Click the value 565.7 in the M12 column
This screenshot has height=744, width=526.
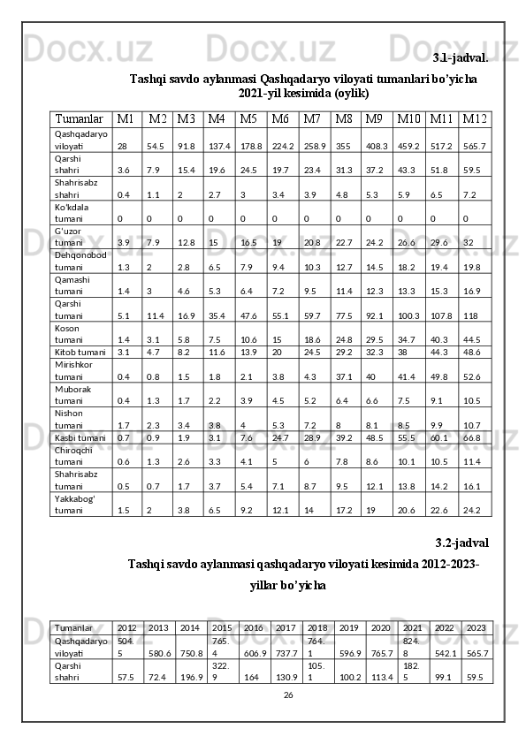(475, 146)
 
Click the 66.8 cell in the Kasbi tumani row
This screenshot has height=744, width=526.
(472, 437)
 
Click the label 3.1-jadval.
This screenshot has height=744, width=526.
(461, 58)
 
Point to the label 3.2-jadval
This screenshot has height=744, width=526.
(462, 542)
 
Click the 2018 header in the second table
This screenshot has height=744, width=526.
(317, 626)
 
